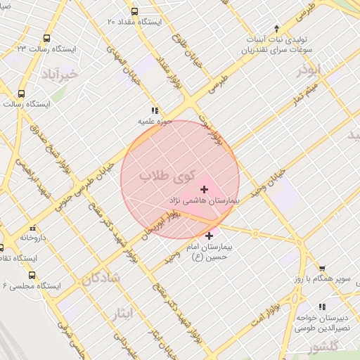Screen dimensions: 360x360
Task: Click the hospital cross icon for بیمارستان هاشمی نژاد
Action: tap(205, 188)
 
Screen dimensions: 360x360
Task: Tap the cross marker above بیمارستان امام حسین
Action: tap(209, 236)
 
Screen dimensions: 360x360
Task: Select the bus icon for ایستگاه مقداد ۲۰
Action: tap(134, 11)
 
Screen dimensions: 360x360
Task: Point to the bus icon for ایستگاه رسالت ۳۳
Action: tap(46, 38)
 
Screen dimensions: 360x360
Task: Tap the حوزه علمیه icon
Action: tap(155, 110)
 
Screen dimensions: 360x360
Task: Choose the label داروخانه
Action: tap(33, 238)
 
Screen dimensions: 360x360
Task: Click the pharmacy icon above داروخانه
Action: tap(33, 227)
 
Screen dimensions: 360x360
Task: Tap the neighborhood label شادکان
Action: tap(101, 278)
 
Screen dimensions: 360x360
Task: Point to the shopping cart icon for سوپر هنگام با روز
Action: tap(322, 268)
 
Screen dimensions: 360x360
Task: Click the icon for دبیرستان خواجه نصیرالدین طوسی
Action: tap(322, 307)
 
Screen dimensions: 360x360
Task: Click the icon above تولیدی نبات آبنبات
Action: tap(276, 28)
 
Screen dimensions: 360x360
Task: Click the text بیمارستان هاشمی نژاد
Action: tap(205, 200)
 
